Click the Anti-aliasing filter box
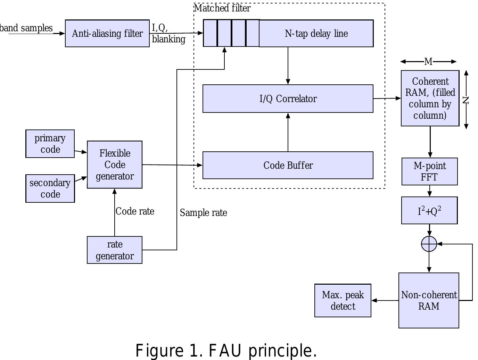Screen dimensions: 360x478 click(107, 33)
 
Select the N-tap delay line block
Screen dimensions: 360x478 click(316, 33)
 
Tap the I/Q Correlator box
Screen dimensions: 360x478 click(288, 99)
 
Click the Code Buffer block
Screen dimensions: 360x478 click(288, 165)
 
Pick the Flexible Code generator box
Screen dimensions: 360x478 click(115, 165)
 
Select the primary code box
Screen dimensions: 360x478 click(50, 144)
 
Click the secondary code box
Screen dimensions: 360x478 click(50, 189)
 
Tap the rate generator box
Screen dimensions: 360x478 click(115, 250)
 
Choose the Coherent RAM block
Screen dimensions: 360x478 click(430, 98)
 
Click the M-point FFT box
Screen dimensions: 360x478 click(429, 171)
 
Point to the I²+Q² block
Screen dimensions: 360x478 click(429, 210)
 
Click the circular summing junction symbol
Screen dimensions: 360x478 click(429, 244)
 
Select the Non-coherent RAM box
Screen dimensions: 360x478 click(429, 300)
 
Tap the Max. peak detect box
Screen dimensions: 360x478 click(343, 300)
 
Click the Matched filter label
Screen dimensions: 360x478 click(222, 8)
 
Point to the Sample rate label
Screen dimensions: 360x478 click(203, 212)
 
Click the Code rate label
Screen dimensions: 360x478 click(135, 211)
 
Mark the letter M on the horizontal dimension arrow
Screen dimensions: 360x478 click(428, 61)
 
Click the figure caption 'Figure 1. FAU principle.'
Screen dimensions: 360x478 click(226, 350)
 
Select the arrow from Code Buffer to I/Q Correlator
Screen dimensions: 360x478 click(288, 132)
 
